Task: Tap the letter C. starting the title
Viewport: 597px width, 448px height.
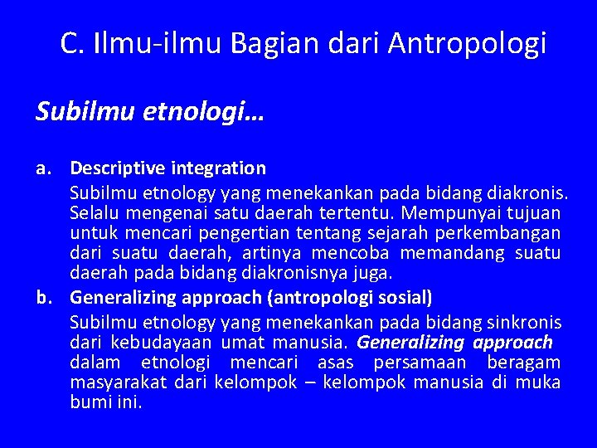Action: (70, 43)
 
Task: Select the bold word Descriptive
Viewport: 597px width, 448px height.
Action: (118, 168)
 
